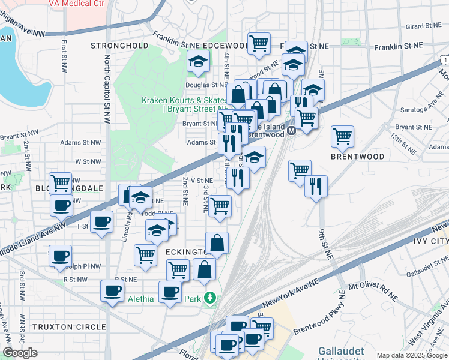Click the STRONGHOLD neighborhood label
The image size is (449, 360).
[119, 45]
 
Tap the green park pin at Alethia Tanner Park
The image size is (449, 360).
[209, 297]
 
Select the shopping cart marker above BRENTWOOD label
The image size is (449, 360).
[342, 136]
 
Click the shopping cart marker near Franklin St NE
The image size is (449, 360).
[259, 43]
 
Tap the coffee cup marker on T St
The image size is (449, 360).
[101, 221]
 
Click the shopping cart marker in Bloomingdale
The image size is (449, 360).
[60, 183]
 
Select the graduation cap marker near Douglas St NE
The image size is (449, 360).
[197, 61]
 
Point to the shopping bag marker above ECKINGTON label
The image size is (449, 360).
[217, 243]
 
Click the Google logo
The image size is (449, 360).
[20, 353]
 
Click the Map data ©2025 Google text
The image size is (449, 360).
[412, 355]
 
